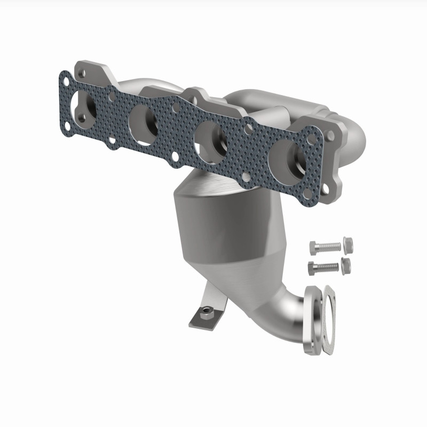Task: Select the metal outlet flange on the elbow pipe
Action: [x=313, y=320]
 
